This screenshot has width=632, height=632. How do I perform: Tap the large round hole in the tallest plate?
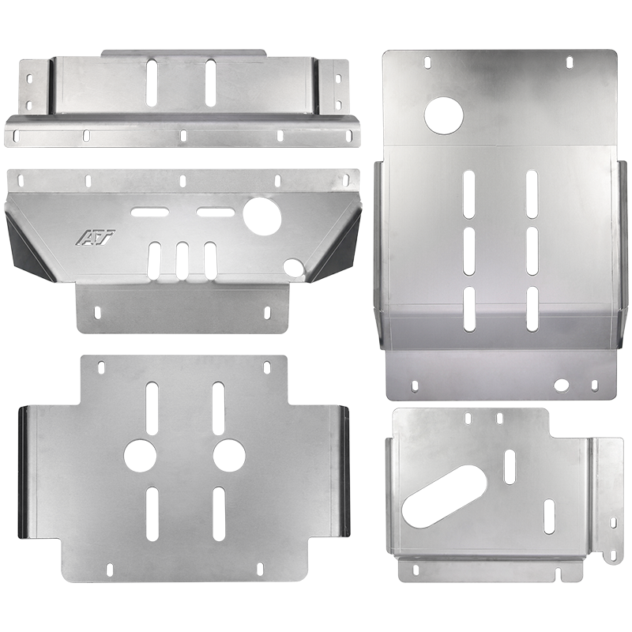click(x=443, y=115)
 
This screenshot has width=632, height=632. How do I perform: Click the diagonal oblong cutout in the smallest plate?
click(x=444, y=497)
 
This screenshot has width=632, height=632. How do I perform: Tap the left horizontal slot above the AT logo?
click(x=149, y=212)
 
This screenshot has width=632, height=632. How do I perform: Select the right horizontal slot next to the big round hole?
click(x=215, y=212)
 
